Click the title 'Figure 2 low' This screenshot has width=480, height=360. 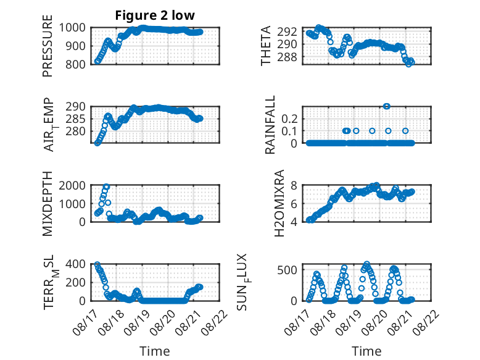(155, 15)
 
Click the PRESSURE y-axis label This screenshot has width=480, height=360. (48, 46)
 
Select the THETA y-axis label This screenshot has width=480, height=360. (266, 46)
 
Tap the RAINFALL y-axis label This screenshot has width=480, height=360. (270, 125)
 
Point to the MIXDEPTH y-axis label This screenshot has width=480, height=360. (48, 204)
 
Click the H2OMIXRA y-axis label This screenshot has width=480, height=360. (279, 203)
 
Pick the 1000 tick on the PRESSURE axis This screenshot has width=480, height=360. (72, 28)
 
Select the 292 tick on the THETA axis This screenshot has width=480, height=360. (287, 31)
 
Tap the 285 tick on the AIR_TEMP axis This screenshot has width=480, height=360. (75, 119)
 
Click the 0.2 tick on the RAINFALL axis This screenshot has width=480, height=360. (289, 119)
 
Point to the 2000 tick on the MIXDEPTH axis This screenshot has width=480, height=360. (72, 185)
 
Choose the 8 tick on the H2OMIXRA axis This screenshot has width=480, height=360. (294, 185)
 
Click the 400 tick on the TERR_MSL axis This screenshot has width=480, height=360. (75, 264)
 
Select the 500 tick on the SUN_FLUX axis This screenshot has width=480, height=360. (287, 270)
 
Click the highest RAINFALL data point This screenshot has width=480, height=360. (387, 106)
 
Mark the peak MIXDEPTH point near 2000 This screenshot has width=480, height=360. (107, 186)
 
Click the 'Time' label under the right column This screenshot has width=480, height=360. (366, 351)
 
